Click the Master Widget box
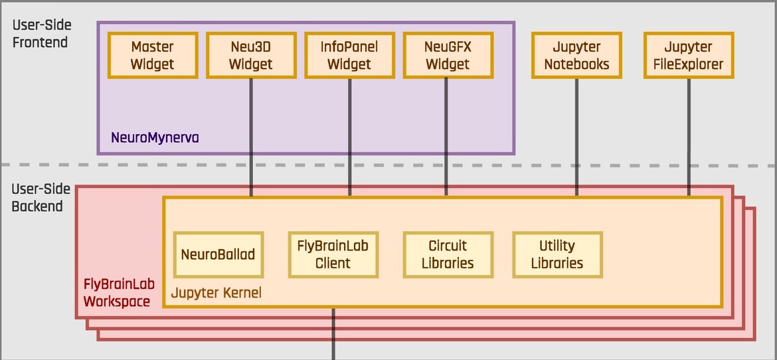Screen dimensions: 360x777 153,56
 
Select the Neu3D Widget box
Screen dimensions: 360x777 251,56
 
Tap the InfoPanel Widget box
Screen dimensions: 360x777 349,56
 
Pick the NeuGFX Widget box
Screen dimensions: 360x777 448,56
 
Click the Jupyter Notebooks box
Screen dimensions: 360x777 576,56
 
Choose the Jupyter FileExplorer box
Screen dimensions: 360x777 689,56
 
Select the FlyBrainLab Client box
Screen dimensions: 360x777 333,254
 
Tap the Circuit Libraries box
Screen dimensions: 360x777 448,254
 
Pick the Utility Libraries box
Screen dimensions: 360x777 557,254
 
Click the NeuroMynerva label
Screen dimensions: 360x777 155,138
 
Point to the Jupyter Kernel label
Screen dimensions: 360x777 216,292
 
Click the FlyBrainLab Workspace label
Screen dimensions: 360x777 116,292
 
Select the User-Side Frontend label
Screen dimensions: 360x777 41,34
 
